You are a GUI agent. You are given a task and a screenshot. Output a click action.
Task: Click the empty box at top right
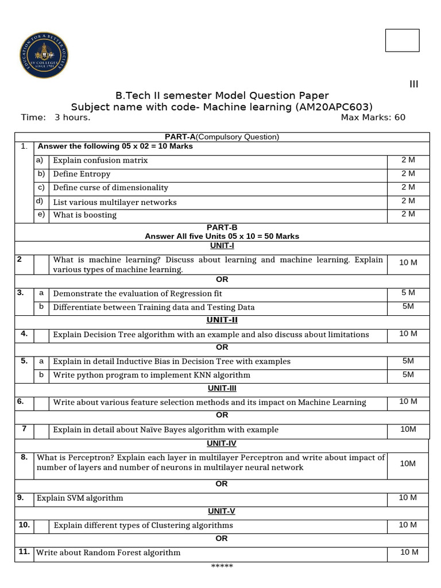402,40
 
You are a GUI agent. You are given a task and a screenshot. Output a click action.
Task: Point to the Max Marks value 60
399,118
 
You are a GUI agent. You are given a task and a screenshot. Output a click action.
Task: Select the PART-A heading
181,137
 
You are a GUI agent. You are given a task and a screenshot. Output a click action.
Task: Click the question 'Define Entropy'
82,174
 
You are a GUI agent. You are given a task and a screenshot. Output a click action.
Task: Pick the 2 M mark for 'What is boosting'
408,214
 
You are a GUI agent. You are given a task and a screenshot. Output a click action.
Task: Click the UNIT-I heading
222,245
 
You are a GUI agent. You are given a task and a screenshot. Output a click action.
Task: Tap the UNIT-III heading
222,389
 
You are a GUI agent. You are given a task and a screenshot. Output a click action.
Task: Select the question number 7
24,429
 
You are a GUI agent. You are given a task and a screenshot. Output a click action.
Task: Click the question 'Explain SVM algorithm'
80,498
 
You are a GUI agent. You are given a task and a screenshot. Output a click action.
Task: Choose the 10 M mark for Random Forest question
408,552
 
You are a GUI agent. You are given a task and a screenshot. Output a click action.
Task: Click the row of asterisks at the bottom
222,567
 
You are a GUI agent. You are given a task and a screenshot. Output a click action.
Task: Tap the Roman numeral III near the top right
413,84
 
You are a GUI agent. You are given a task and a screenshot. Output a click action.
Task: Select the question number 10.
24,525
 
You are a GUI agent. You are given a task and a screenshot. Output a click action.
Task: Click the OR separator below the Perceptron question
222,484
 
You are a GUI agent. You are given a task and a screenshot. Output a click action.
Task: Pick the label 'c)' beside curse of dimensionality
41,187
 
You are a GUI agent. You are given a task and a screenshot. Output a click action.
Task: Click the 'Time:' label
33,118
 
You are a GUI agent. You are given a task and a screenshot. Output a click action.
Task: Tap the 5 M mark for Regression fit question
408,293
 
